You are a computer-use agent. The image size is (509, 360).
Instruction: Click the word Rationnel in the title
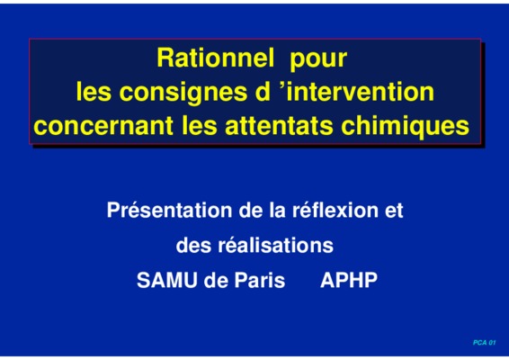pyautogui.click(x=216, y=58)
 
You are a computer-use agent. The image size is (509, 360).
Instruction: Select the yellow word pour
pyautogui.click(x=318, y=60)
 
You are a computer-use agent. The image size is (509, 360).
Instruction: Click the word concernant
pyautogui.click(x=103, y=126)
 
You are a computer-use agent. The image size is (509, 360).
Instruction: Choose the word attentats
pyautogui.click(x=279, y=125)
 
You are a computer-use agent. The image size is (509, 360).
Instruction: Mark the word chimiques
pyautogui.click(x=405, y=127)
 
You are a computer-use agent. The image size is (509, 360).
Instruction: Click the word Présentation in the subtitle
pyautogui.click(x=169, y=210)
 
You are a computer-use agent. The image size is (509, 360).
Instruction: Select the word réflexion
pyautogui.click(x=335, y=210)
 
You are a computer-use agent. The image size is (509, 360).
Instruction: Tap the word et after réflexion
pyautogui.click(x=394, y=211)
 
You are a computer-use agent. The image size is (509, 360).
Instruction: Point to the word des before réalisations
pyautogui.click(x=192, y=245)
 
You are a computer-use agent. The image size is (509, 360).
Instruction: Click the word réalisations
pyautogui.click(x=275, y=245)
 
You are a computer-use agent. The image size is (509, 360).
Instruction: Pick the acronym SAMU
pyautogui.click(x=167, y=280)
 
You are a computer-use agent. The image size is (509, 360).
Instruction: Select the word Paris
pyautogui.click(x=260, y=280)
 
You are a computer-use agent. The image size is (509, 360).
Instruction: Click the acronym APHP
pyautogui.click(x=349, y=280)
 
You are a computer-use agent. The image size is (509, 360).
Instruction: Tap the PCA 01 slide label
pyautogui.click(x=485, y=343)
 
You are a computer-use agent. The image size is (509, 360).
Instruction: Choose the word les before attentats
pyautogui.click(x=199, y=125)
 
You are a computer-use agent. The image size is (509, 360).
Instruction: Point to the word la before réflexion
pyautogui.click(x=278, y=210)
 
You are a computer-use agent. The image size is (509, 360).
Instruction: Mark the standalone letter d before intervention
pyautogui.click(x=263, y=91)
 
